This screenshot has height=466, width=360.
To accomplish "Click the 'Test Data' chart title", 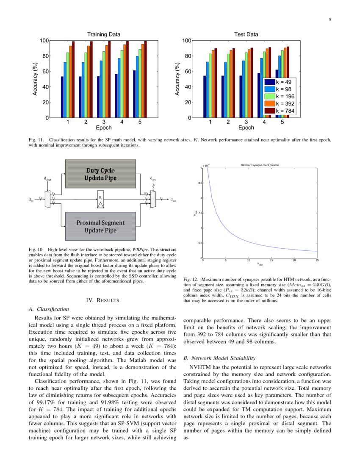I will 246,34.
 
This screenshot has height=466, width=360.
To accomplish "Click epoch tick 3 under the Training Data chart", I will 104,122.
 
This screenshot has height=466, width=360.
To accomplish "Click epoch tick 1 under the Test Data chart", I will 210,122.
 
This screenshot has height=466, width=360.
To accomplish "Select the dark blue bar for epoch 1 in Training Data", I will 62,97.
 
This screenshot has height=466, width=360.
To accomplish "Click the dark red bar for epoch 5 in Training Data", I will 145,79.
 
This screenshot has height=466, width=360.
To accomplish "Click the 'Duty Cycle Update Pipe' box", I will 100,174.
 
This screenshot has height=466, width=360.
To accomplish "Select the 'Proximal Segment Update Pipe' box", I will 100,226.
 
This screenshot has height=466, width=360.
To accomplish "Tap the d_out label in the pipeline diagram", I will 174,200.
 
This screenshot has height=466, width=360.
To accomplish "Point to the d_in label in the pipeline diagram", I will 30,200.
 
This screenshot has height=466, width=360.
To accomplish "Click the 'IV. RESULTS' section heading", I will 102,300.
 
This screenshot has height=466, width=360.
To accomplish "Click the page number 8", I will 329,19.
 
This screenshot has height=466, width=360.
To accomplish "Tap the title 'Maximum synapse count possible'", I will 260,165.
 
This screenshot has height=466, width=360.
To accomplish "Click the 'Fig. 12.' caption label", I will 191,280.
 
